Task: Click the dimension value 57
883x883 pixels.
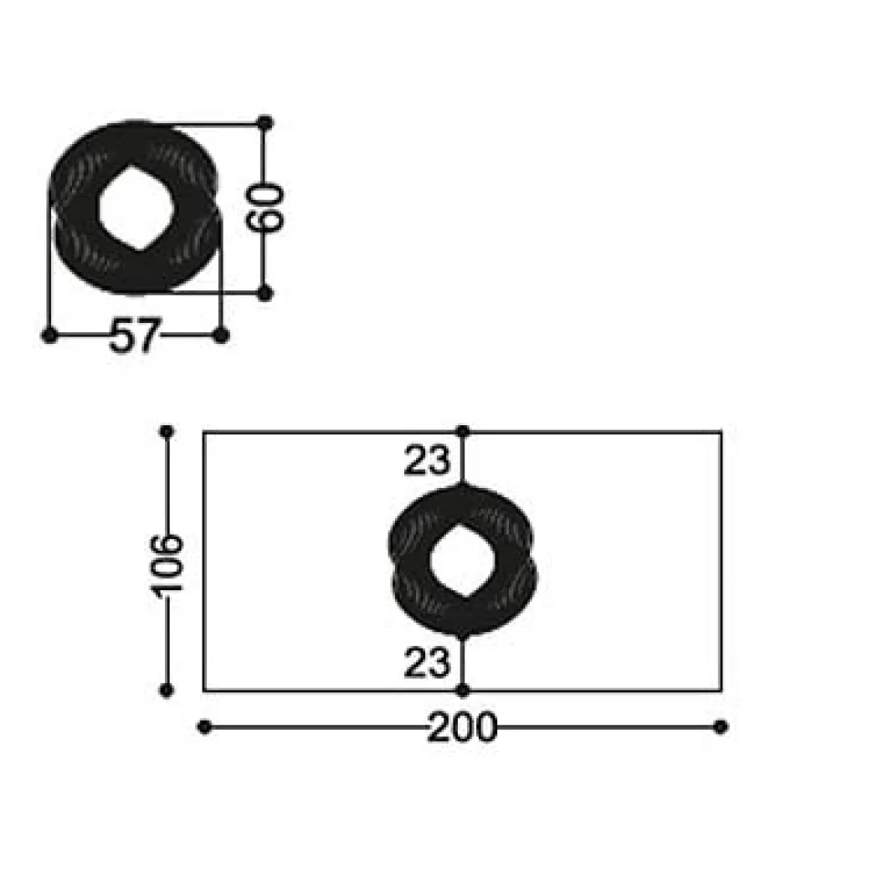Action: (135, 336)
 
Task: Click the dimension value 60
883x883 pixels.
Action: (264, 208)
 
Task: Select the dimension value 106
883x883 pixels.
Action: (166, 564)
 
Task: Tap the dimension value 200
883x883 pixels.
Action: (462, 727)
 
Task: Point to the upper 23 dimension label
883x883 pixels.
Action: (428, 460)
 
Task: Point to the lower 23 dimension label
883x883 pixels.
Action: (428, 662)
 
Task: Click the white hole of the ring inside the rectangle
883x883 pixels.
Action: (462, 561)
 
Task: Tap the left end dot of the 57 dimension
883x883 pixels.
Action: (49, 336)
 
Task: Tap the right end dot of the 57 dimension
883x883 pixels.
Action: (221, 336)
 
